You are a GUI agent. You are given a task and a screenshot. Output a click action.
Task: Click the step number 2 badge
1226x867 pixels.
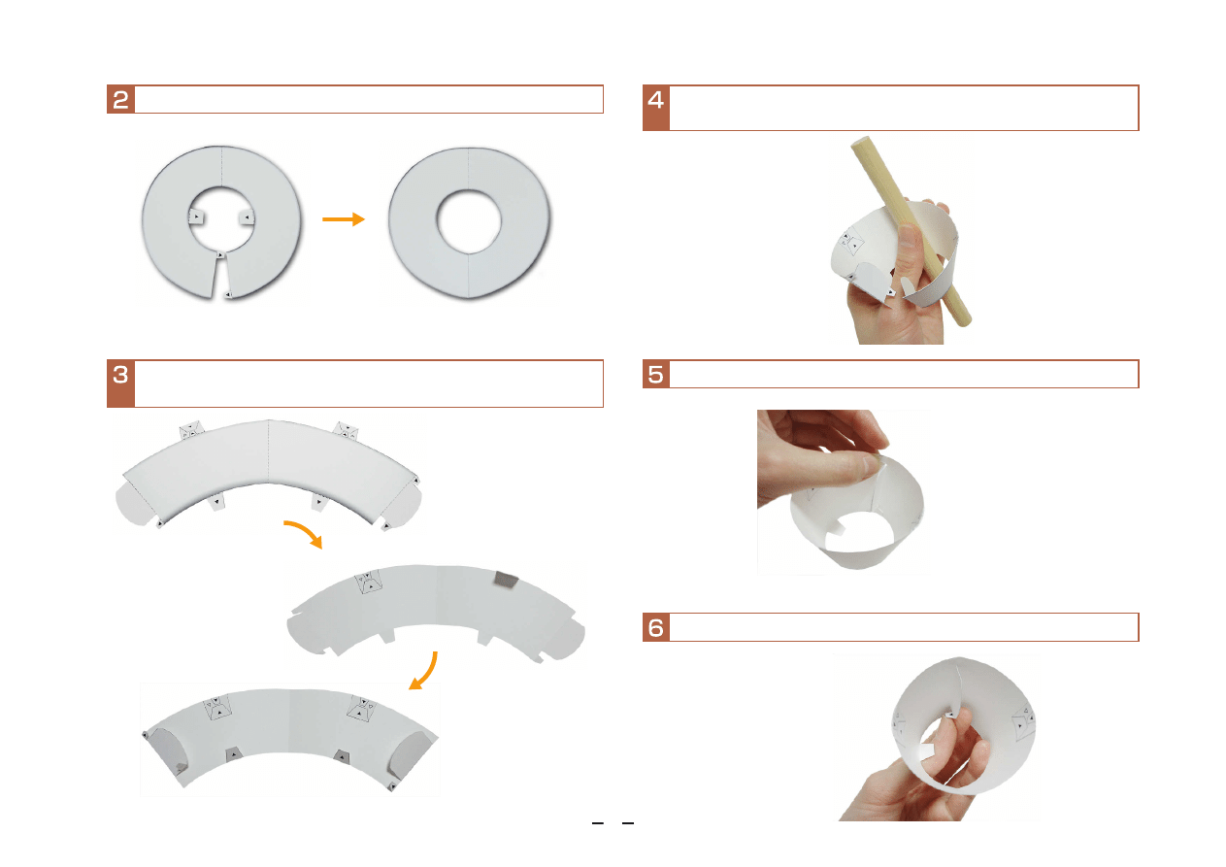[x=121, y=99]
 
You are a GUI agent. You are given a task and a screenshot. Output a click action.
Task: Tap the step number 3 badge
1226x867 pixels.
[x=121, y=383]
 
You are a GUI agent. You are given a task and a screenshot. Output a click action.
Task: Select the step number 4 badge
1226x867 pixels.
[x=656, y=108]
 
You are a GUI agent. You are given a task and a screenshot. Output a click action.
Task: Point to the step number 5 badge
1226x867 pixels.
[x=656, y=375]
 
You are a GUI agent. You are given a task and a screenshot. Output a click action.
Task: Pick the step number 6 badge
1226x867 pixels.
[x=656, y=627]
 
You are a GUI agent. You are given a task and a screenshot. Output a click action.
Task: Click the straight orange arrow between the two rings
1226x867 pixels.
[x=344, y=219]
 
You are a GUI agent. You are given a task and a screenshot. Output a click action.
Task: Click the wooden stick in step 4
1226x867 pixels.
[x=911, y=231]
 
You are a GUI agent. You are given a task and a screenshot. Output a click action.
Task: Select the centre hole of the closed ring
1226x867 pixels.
[x=469, y=221]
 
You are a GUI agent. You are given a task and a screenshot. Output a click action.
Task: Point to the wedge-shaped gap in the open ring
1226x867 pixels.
[x=220, y=277]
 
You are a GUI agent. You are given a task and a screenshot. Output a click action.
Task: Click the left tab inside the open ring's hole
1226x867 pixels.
[x=196, y=217]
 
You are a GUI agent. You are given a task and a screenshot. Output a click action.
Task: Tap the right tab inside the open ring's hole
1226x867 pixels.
[x=247, y=217]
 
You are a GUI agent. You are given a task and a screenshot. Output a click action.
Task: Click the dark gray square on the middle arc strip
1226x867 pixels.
[x=505, y=581]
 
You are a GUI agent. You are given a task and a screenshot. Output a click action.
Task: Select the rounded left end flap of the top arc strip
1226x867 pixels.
[x=134, y=505]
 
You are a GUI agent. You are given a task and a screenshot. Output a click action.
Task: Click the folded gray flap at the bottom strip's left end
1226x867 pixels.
[x=169, y=749]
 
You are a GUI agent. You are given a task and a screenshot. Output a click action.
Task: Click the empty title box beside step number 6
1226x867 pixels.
[x=904, y=627]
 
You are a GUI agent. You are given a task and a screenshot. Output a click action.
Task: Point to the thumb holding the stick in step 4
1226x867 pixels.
[x=910, y=252]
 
